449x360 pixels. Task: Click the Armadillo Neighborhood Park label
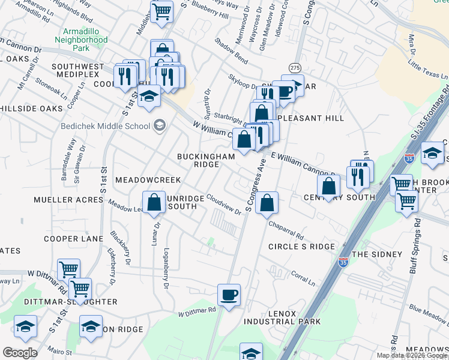[85, 40]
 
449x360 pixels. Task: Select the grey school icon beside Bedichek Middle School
[160, 125]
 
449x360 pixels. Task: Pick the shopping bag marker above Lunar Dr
[154, 203]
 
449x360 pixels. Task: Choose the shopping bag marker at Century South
[328, 187]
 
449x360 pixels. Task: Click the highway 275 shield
[294, 67]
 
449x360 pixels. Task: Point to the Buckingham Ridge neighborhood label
[206, 160]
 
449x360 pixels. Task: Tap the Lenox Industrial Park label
[282, 316]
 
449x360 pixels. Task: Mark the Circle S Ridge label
[301, 247]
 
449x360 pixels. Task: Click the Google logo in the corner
[20, 352]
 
